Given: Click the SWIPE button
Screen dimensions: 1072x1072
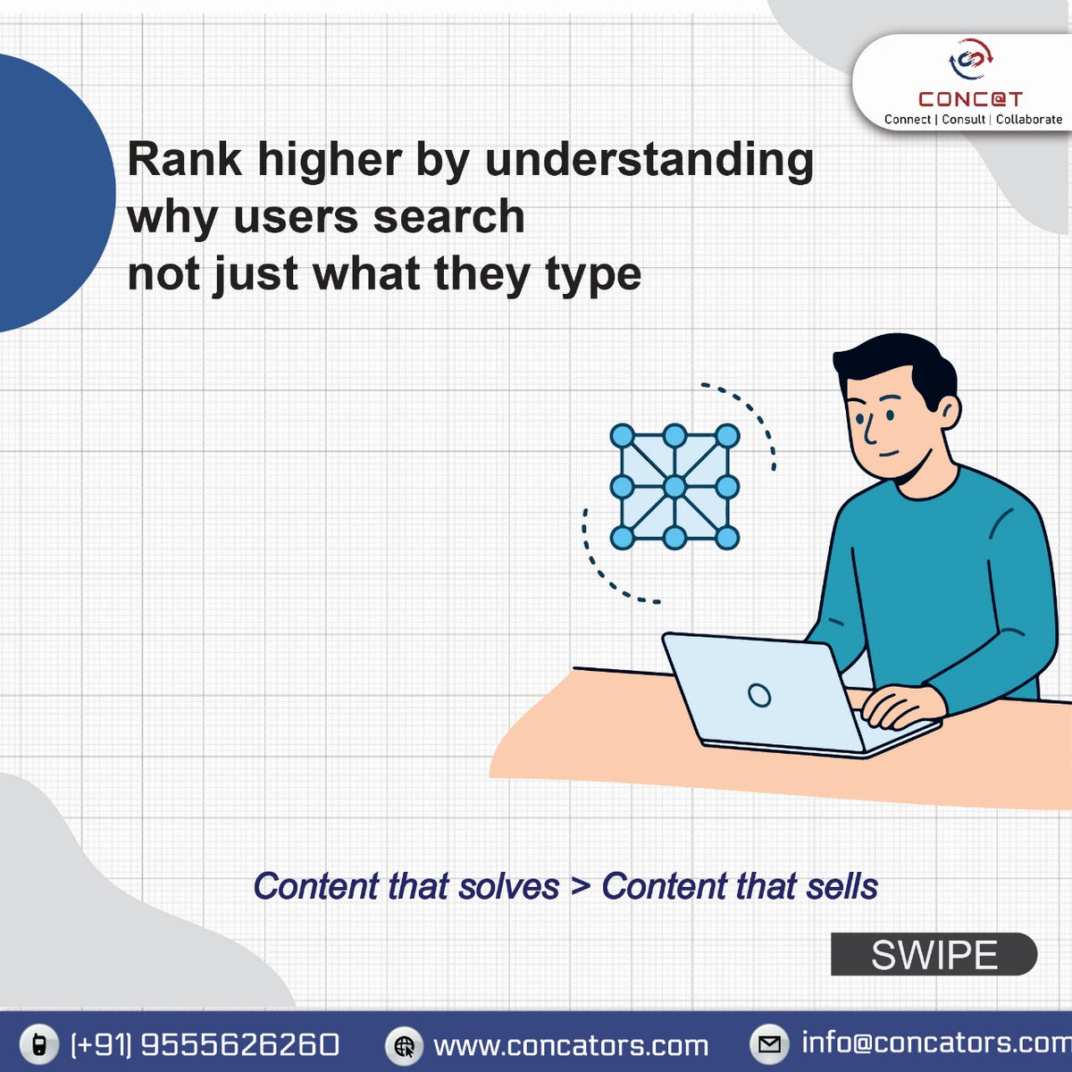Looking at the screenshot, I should pyautogui.click(x=934, y=955).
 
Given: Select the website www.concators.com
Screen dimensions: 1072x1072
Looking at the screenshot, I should pyautogui.click(x=570, y=1045).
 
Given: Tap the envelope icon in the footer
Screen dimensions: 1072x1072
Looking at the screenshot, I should pyautogui.click(x=769, y=1043).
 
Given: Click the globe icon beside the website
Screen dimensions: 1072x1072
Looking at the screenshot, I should pyautogui.click(x=405, y=1045).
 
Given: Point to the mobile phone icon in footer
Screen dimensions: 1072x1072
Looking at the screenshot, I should pyautogui.click(x=38, y=1043).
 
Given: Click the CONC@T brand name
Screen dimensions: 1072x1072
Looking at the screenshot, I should pyautogui.click(x=970, y=99).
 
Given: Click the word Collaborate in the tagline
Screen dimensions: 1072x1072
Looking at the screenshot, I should pyautogui.click(x=1029, y=120).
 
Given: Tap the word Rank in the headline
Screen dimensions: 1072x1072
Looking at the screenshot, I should pyautogui.click(x=184, y=159).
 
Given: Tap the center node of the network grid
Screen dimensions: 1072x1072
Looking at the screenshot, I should pyautogui.click(x=674, y=487).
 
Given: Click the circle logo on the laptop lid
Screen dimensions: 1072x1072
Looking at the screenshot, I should pyautogui.click(x=759, y=695).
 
